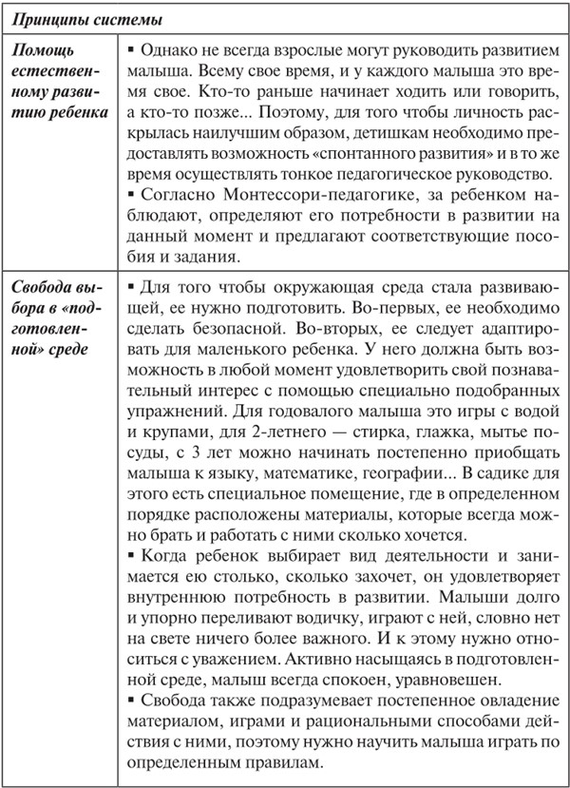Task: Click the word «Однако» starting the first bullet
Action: pyautogui.click(x=166, y=49)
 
